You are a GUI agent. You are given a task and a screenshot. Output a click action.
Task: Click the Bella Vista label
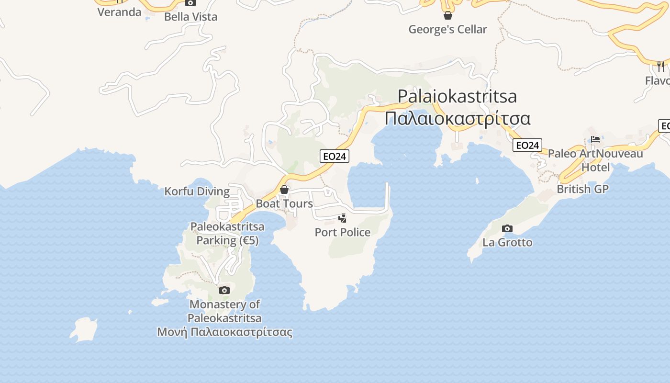(x=190, y=17)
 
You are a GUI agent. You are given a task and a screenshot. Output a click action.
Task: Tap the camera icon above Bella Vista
(x=190, y=3)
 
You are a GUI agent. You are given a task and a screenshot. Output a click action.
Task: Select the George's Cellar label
(x=447, y=29)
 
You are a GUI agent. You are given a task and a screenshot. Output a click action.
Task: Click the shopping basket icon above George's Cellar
(x=447, y=15)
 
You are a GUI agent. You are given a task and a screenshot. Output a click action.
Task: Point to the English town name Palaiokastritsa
(x=457, y=96)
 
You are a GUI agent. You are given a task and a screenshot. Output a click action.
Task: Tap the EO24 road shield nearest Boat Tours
(x=335, y=156)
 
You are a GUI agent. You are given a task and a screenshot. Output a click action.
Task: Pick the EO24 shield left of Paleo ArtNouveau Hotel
(x=527, y=145)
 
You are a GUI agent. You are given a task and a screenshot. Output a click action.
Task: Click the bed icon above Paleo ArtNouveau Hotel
(x=595, y=139)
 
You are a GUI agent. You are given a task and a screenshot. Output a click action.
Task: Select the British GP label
(x=582, y=189)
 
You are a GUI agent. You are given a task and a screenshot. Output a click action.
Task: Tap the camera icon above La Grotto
(x=507, y=228)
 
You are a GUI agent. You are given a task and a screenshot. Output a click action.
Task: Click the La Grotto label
(x=507, y=242)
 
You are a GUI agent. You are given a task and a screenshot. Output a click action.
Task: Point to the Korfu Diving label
(x=197, y=191)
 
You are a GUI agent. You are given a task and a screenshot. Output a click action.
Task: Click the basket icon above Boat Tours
(x=284, y=190)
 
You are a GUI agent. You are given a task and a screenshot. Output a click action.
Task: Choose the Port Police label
(x=343, y=232)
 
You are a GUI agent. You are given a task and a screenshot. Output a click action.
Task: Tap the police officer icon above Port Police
(x=342, y=218)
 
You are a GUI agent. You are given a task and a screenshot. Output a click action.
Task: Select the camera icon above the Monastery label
(x=224, y=290)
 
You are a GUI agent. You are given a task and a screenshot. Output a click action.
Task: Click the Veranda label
(x=119, y=12)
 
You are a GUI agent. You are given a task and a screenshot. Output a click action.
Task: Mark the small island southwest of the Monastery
(x=84, y=330)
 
